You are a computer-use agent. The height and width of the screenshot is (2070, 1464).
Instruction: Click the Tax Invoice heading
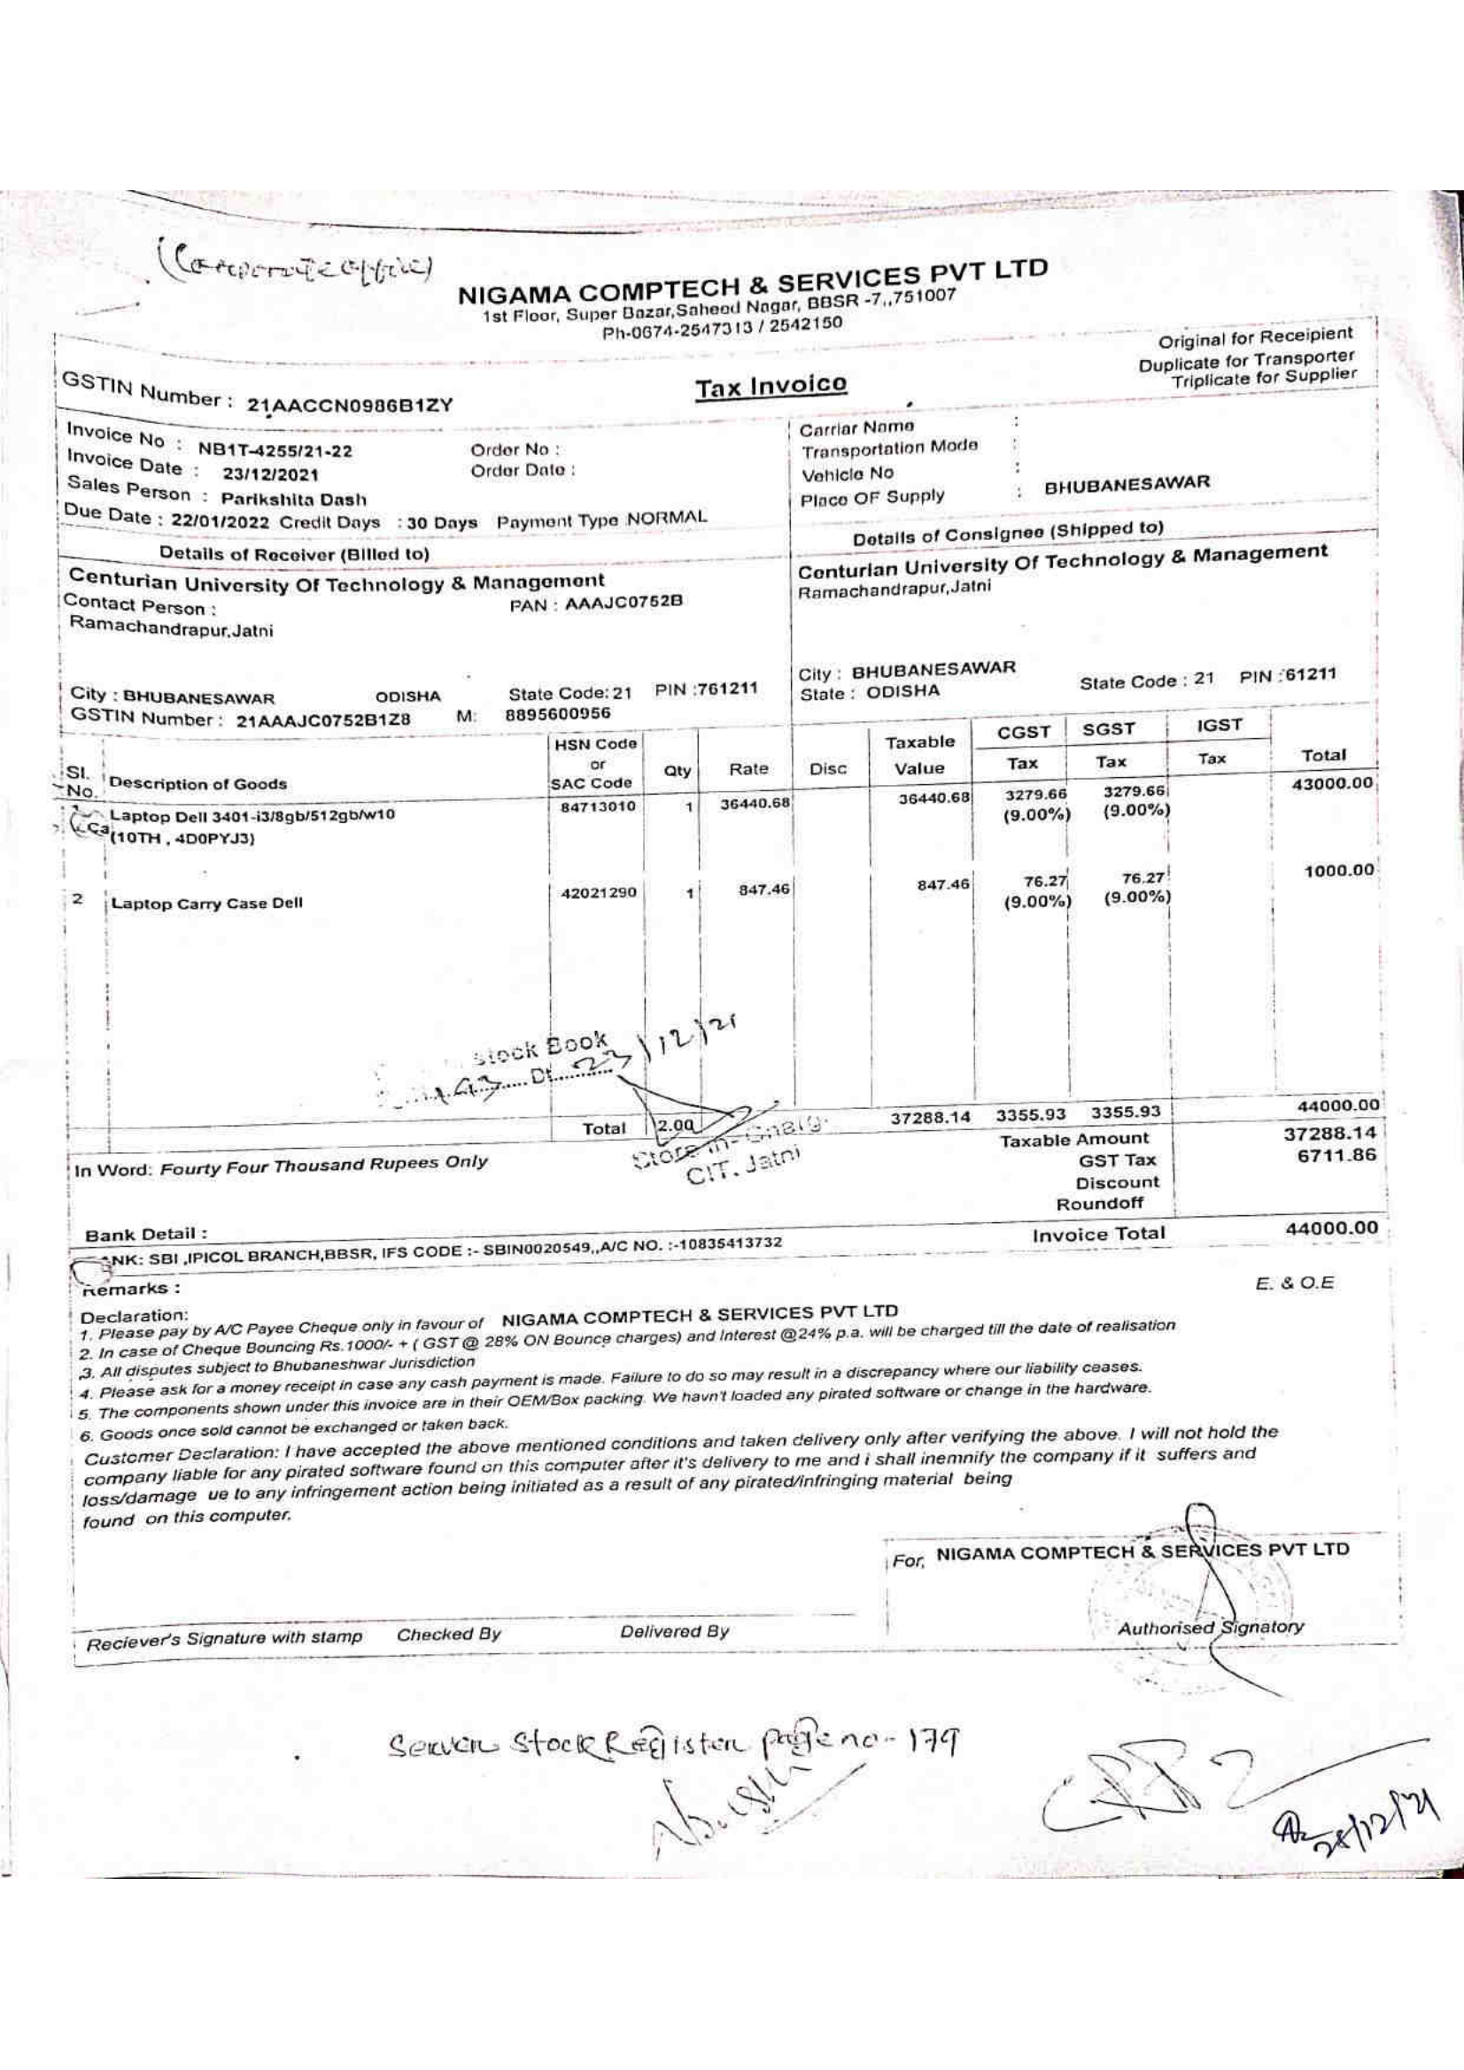(x=771, y=386)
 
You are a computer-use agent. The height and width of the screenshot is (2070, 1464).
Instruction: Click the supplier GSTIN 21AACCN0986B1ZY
(x=350, y=404)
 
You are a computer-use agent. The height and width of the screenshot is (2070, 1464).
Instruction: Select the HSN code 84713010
(x=598, y=806)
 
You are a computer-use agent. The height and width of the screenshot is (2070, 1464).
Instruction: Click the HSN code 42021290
(x=598, y=893)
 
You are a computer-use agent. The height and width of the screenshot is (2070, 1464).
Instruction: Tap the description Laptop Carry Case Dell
(x=206, y=904)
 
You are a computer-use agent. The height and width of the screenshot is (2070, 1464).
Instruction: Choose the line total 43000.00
(x=1331, y=783)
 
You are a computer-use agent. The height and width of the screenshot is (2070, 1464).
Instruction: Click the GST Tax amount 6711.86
(x=1336, y=1156)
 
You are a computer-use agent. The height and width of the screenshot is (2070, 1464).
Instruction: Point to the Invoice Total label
(x=1099, y=1234)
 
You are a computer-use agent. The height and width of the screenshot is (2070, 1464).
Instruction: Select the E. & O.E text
(x=1296, y=1282)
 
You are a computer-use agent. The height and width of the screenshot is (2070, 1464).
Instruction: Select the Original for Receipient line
(x=1256, y=339)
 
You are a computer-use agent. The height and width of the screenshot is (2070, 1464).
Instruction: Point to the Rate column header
(x=748, y=769)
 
